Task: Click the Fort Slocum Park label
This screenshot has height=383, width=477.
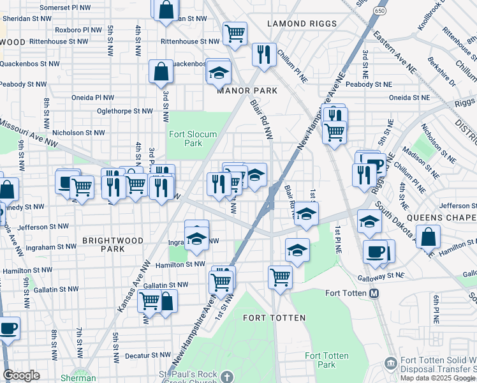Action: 193,139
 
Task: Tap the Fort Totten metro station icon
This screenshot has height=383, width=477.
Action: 374,294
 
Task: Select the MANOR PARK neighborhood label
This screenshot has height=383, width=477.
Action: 247,91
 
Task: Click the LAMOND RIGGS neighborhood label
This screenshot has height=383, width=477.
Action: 302,24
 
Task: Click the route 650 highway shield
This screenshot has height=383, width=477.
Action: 381,11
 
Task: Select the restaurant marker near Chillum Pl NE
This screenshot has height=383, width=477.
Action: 263,54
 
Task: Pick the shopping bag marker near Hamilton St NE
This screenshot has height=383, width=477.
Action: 430,236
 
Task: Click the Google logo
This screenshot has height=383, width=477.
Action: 21,375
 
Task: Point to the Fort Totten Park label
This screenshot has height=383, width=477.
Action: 320,360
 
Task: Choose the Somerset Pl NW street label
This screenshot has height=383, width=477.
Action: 65,7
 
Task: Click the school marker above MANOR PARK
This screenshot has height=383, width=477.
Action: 218,71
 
